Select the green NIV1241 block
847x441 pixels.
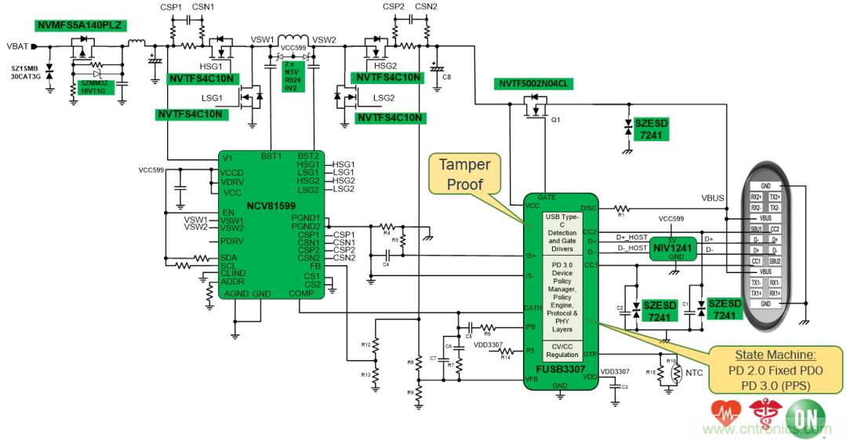click(673, 248)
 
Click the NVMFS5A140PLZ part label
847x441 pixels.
click(78, 25)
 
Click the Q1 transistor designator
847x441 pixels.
click(555, 120)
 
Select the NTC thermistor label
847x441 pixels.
click(694, 373)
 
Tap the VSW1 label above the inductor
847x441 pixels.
click(262, 40)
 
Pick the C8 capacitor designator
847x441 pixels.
click(446, 78)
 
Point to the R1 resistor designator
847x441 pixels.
click(620, 214)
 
